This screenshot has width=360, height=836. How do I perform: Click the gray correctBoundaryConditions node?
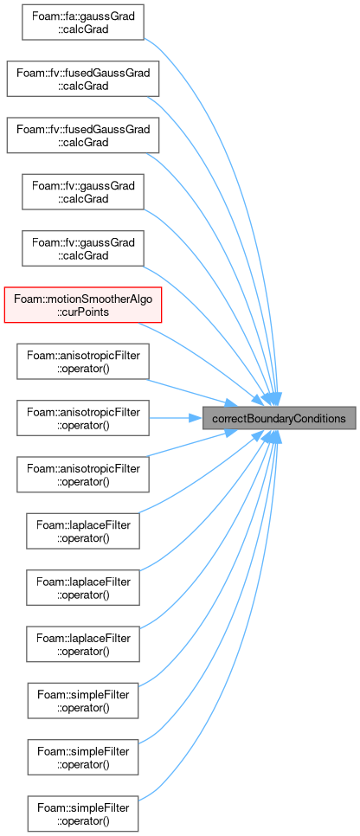tap(279, 418)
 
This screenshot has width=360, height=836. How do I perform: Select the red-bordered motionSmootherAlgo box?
tap(83, 305)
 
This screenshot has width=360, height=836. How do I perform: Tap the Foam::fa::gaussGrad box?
tap(83, 22)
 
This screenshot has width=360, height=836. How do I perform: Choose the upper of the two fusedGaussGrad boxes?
tap(83, 79)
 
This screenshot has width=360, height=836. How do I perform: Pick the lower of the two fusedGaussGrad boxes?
tap(83, 135)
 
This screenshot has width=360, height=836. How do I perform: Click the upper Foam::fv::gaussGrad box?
tap(83, 192)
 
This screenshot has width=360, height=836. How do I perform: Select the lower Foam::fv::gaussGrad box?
tap(83, 248)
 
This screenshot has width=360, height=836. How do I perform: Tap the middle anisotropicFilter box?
tap(83, 418)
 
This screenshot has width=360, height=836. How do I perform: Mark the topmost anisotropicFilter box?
tap(83, 362)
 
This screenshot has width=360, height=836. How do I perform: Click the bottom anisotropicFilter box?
tap(83, 474)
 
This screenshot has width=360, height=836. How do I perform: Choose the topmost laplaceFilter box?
tap(83, 531)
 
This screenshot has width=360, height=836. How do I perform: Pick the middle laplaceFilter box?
tap(83, 588)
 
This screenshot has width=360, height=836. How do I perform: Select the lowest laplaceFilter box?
tap(83, 644)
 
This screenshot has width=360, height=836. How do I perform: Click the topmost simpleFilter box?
tap(83, 701)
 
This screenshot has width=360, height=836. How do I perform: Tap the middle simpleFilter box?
tap(83, 757)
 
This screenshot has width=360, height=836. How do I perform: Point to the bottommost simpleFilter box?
tap(83, 813)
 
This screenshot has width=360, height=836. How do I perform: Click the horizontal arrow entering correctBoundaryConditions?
tap(176, 418)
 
